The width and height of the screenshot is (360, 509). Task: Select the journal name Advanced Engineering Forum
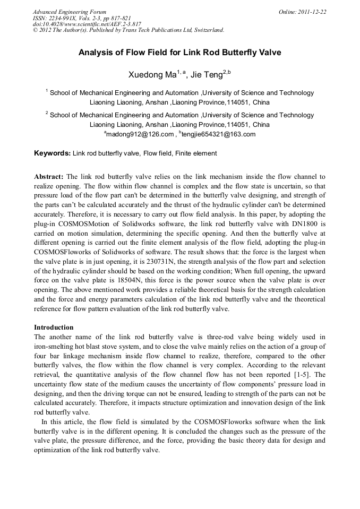click(x=70, y=12)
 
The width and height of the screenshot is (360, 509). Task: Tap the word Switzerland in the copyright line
click(x=206, y=30)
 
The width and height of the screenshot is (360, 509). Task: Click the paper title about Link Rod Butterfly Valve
click(x=179, y=53)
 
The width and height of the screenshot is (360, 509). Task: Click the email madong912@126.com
click(x=140, y=135)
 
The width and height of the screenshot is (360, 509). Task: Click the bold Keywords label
click(x=52, y=153)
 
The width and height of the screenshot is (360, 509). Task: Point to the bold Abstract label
click(x=49, y=176)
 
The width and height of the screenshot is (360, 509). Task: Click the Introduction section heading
click(x=54, y=327)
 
